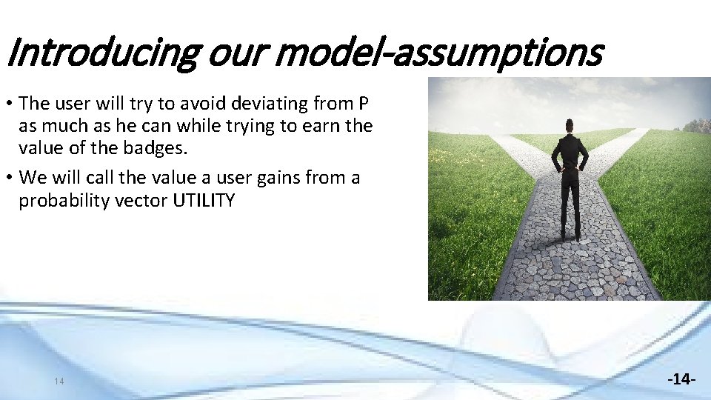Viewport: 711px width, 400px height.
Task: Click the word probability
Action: click(x=67, y=200)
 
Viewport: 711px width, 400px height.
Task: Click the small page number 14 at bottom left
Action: click(x=59, y=381)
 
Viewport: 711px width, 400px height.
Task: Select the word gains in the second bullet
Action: click(x=275, y=178)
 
